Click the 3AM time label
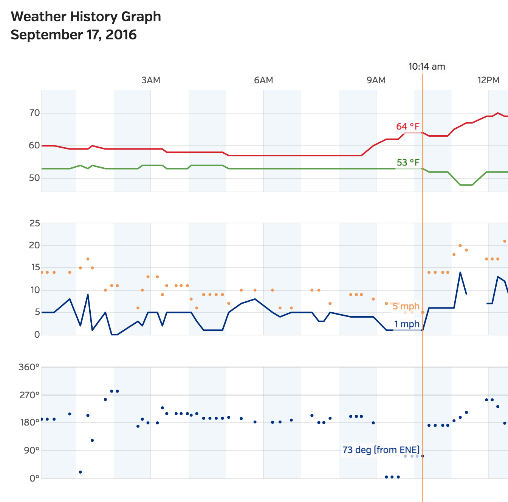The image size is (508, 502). [x=150, y=80]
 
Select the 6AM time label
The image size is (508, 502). [x=263, y=80]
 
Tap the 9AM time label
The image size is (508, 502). [x=376, y=80]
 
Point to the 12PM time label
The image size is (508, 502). [x=488, y=80]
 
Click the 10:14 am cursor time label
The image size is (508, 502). [x=426, y=67]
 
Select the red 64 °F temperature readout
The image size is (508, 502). [x=407, y=126]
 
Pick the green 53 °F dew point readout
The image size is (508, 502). [x=408, y=162]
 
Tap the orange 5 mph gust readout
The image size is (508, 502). [x=406, y=306]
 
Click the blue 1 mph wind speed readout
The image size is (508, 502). [x=407, y=324]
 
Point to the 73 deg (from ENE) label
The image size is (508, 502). [x=381, y=450]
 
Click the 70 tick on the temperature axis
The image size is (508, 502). [x=34, y=113]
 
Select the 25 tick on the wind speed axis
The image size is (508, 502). [x=34, y=223]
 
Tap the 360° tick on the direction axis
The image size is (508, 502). [x=29, y=367]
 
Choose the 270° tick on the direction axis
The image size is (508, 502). [x=29, y=395]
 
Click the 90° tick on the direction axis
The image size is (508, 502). [x=32, y=451]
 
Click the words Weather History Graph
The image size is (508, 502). [x=86, y=17]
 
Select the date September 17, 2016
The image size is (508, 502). [x=74, y=35]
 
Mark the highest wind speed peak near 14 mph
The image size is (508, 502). [x=460, y=272]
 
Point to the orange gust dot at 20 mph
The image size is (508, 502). [x=460, y=246]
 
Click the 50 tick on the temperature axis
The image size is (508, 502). [x=34, y=178]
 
